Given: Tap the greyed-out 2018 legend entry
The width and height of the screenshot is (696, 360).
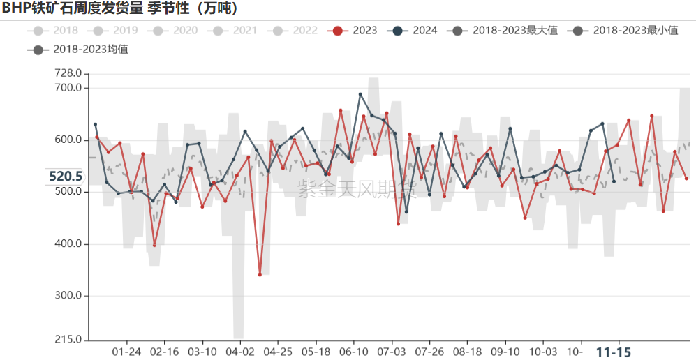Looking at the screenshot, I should [x=55, y=30].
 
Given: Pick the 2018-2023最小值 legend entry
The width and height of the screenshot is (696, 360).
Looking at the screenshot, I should [x=625, y=30].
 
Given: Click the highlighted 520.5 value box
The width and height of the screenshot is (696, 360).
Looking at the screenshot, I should [x=65, y=177].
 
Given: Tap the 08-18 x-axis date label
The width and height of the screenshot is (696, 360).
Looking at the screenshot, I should [x=467, y=352].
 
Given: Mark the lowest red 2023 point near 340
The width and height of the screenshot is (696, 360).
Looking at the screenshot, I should [x=260, y=275].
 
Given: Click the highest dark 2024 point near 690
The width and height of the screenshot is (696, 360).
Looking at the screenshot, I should [x=360, y=94].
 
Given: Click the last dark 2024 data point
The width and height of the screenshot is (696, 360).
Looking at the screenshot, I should [x=614, y=181].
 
